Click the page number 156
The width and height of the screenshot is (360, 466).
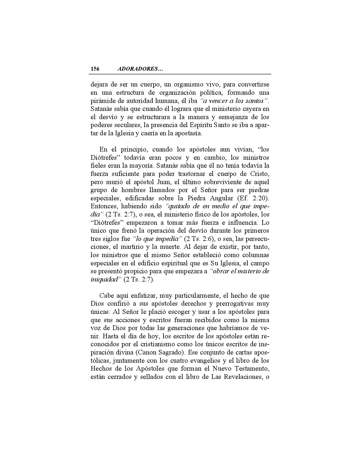(95, 69)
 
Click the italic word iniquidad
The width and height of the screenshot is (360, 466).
(104, 279)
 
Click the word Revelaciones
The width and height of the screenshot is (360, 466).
(242, 377)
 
